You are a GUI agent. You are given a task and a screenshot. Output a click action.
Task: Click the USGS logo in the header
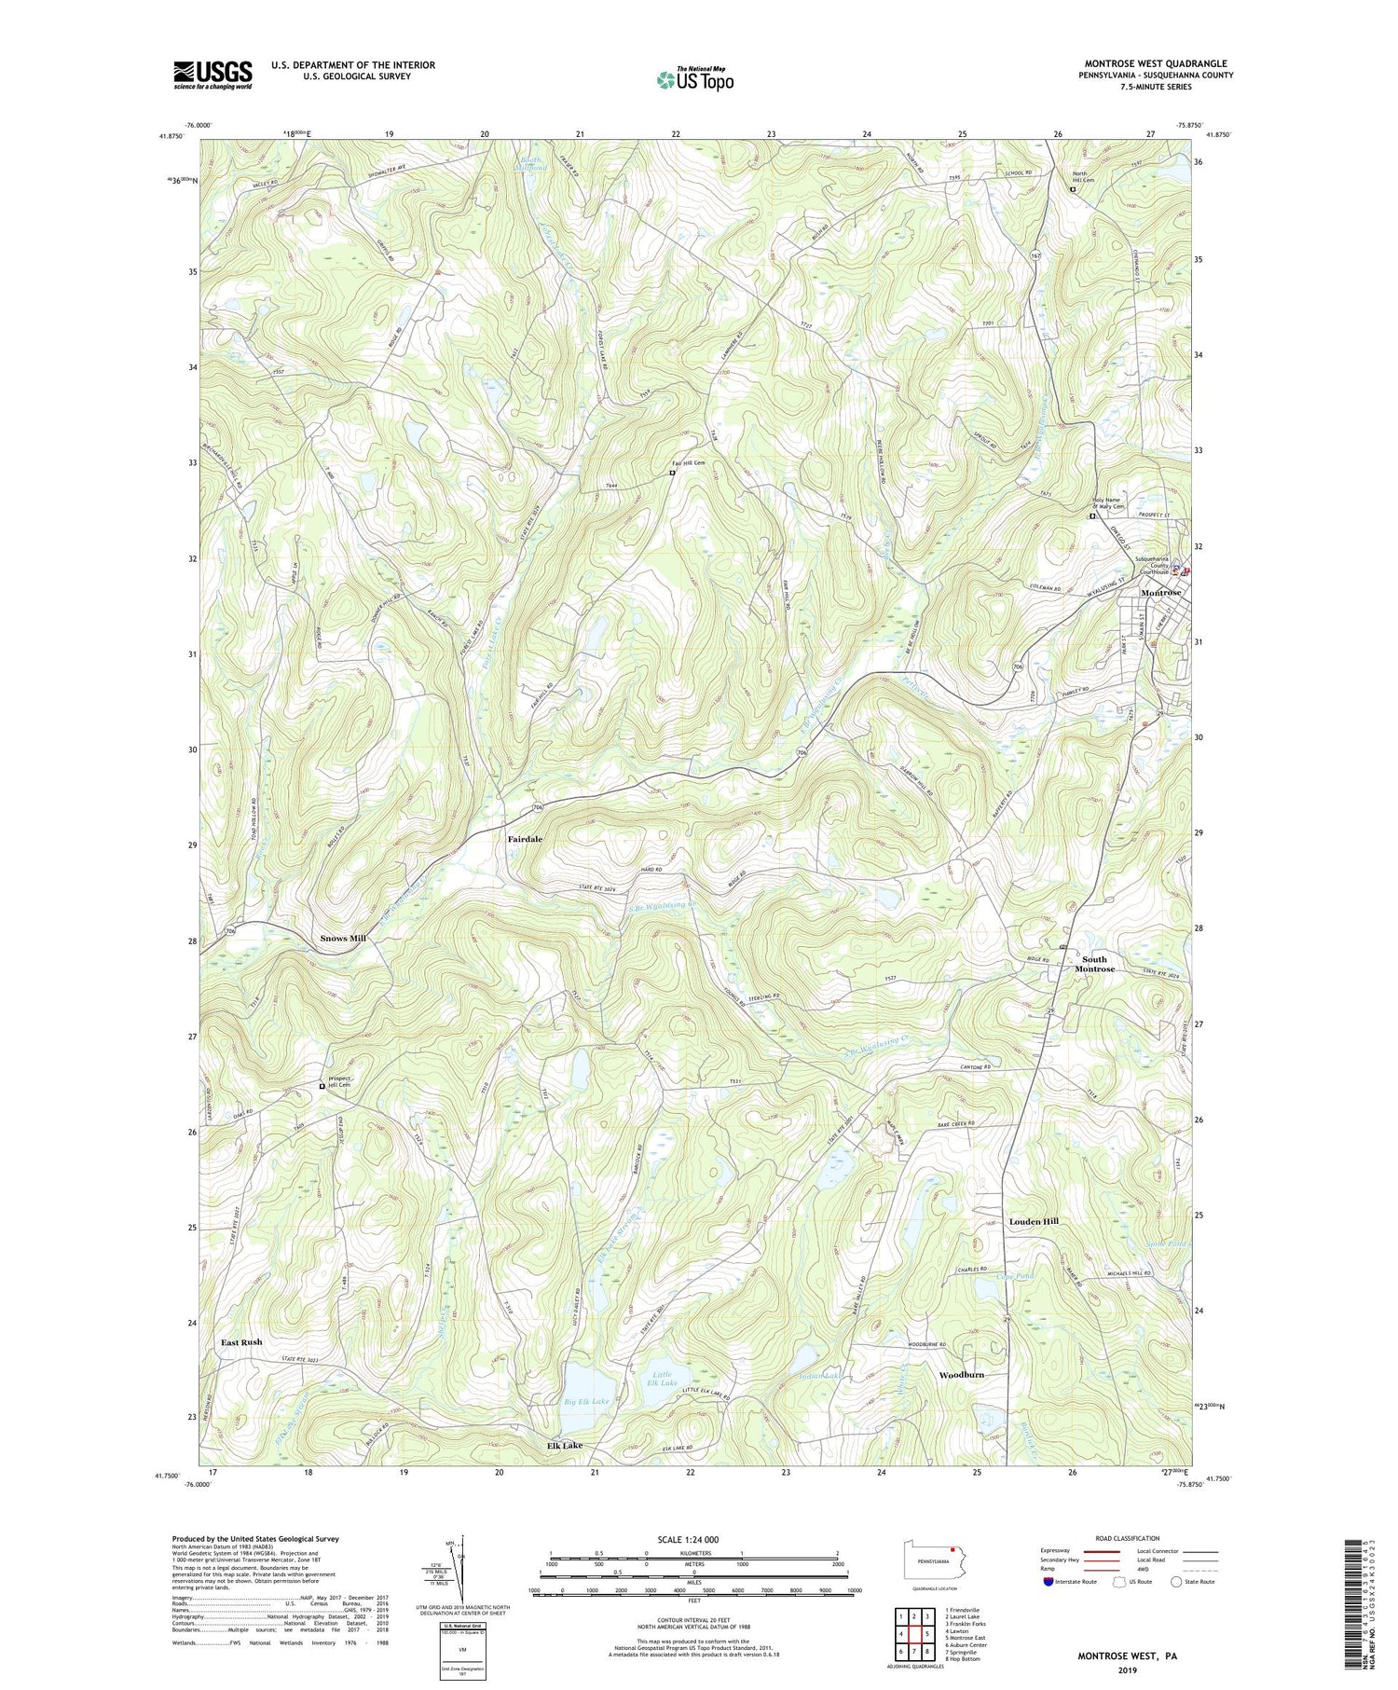[212, 75]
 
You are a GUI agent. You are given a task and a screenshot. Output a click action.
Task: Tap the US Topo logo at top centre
[694, 80]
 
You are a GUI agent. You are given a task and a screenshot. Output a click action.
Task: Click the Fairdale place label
[525, 839]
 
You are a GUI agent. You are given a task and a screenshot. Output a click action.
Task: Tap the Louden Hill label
[1034, 1221]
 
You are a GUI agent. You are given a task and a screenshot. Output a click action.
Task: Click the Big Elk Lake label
[587, 1401]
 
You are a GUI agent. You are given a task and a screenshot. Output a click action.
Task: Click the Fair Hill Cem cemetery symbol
[672, 473]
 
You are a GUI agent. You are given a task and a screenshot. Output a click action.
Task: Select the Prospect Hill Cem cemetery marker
[322, 1086]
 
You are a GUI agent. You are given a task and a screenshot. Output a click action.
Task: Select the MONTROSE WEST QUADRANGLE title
[1155, 63]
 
